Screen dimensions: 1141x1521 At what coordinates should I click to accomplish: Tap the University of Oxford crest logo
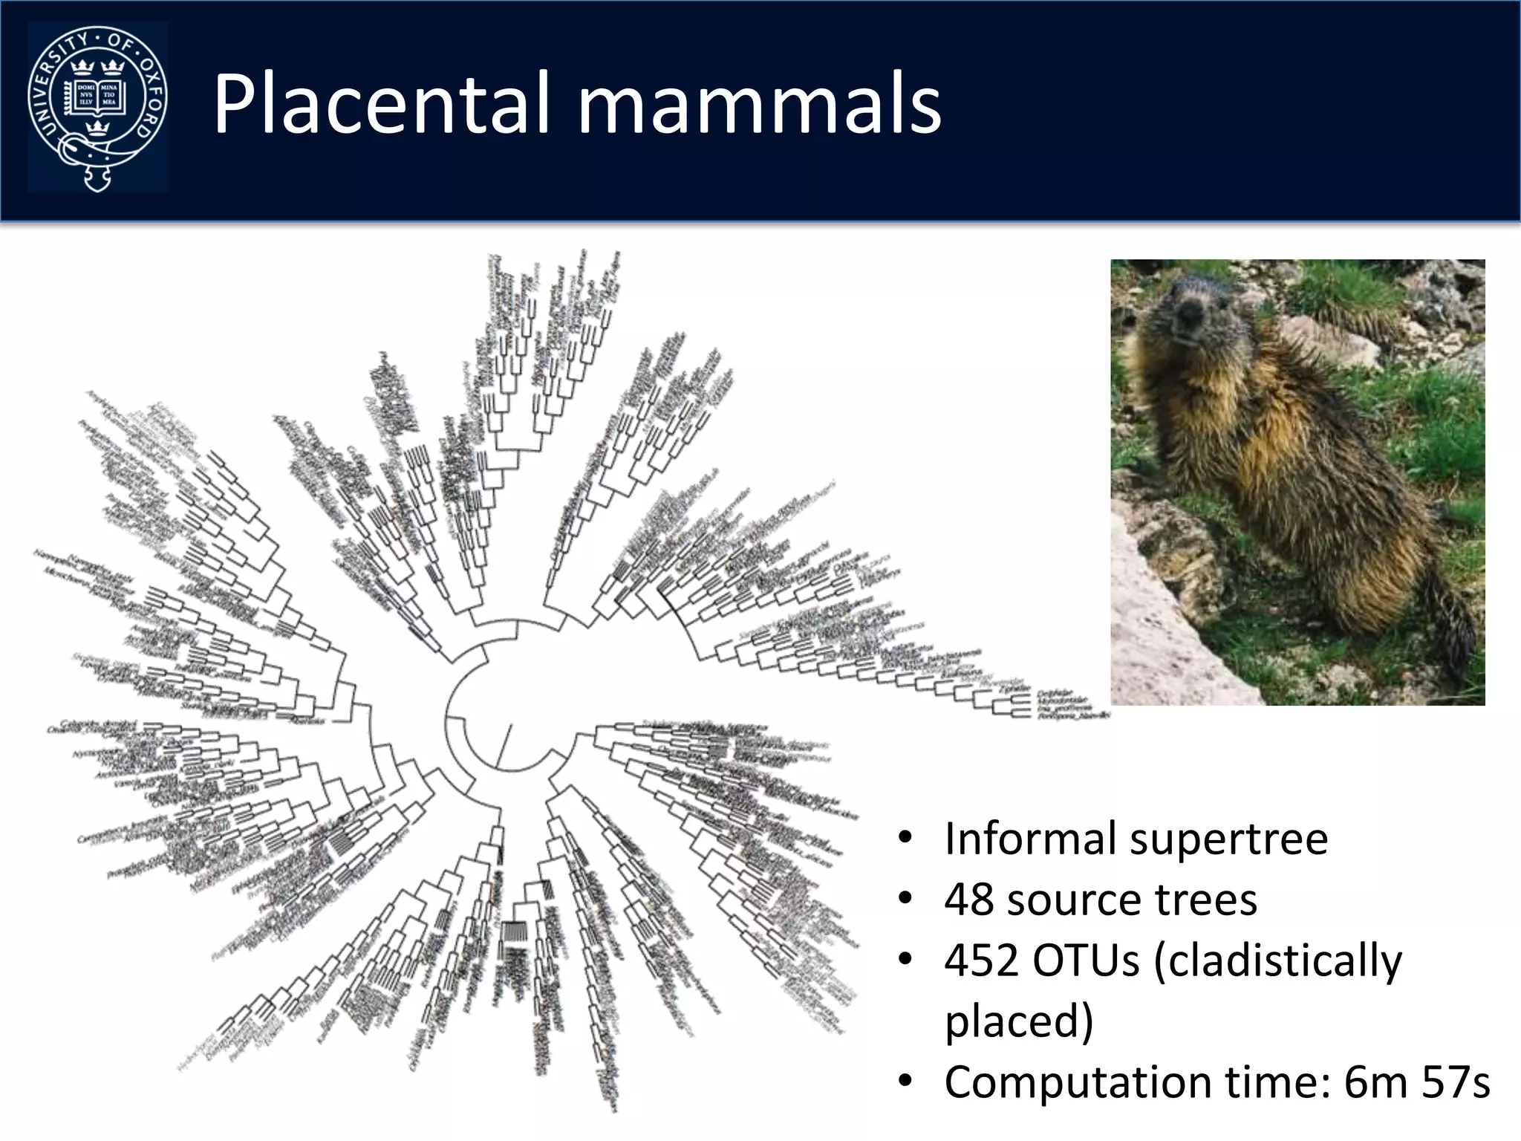97,107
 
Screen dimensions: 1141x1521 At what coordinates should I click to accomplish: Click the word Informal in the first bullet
1030,839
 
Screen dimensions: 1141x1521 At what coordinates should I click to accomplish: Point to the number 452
980,961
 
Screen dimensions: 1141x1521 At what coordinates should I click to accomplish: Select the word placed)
1019,1022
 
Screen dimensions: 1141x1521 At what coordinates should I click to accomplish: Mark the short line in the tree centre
504,745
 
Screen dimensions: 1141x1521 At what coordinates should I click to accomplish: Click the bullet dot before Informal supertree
904,839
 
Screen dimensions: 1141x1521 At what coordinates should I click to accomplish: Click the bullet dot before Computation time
904,1083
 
